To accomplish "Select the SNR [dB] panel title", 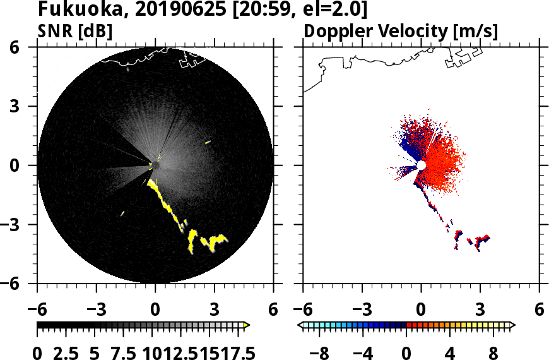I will (x=75, y=32).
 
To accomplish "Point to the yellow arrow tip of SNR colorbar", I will (x=247, y=325).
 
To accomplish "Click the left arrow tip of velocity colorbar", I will (x=301, y=325).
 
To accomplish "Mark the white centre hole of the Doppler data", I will (x=420, y=165).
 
